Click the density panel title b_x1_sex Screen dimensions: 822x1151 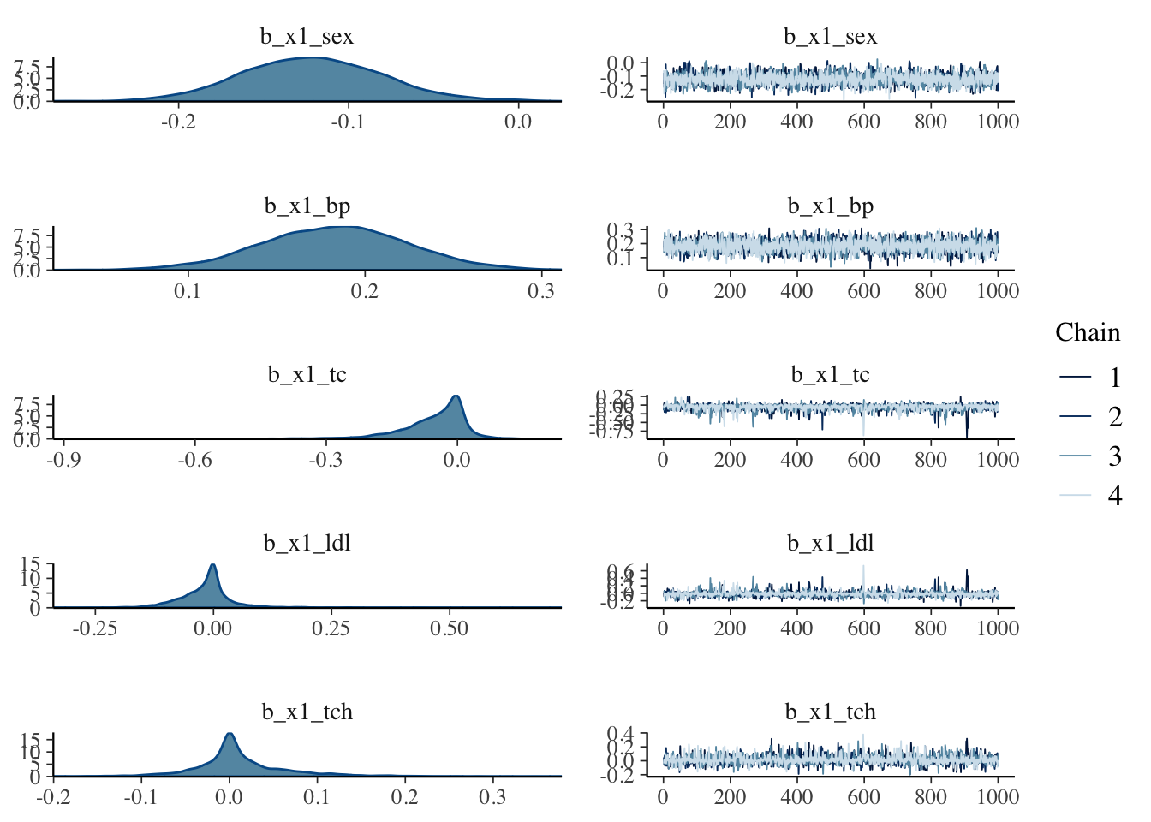click(x=307, y=37)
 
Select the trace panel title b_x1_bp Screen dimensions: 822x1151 click(x=830, y=206)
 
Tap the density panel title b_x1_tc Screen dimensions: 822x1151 click(x=307, y=375)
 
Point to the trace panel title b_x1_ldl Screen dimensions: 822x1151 click(x=830, y=544)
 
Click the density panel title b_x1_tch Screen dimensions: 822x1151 click(x=307, y=712)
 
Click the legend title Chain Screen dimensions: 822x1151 click(x=1087, y=332)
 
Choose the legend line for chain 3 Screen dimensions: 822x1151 click(x=1076, y=456)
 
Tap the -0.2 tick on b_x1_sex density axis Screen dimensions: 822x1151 click(x=178, y=122)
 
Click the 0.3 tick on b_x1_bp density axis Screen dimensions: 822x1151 click(x=541, y=291)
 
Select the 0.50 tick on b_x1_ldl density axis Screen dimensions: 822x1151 click(x=449, y=628)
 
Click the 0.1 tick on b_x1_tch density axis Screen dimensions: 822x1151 click(x=317, y=797)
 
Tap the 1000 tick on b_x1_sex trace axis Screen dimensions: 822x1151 click(x=998, y=122)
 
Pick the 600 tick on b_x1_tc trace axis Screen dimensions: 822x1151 click(x=863, y=460)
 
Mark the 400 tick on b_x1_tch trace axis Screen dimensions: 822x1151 click(x=796, y=797)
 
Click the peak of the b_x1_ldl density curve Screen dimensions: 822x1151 click(x=212, y=565)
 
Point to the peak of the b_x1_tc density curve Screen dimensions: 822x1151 click(x=456, y=396)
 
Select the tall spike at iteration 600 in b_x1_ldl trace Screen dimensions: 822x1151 click(x=863, y=567)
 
